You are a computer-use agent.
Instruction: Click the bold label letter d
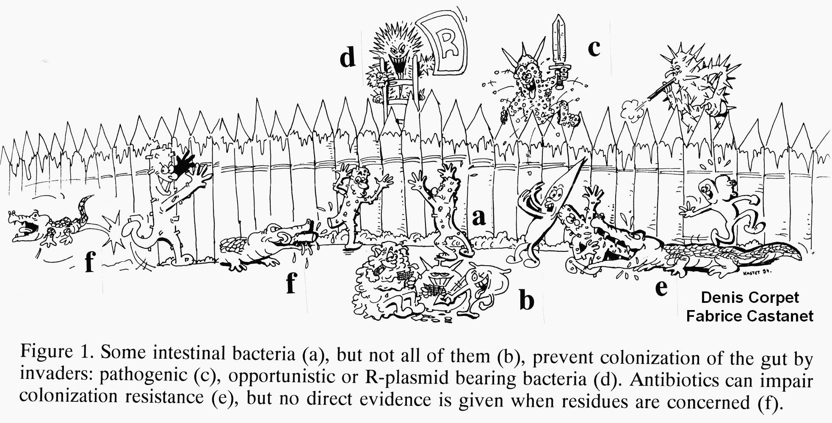coord(348,58)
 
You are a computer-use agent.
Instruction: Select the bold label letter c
coord(594,49)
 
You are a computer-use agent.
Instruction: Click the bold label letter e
coord(661,288)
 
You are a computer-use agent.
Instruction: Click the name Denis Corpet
coord(750,298)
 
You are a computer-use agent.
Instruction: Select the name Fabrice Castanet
coord(750,316)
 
